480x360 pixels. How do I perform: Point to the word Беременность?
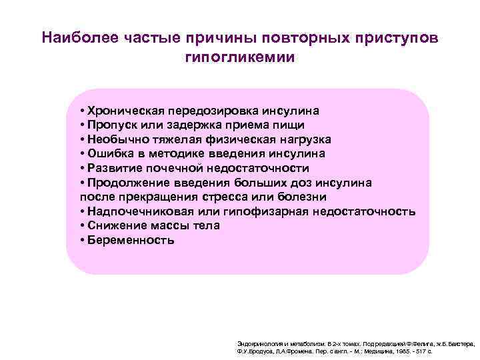[x=131, y=241]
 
